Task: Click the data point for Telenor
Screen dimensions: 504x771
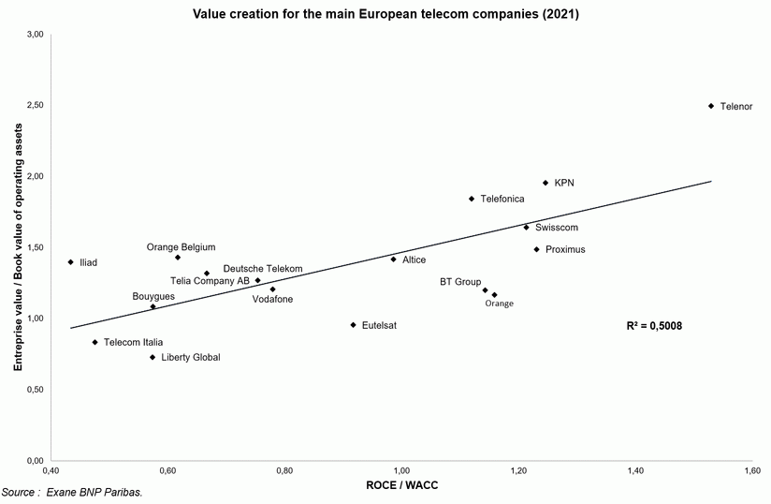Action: [x=711, y=106]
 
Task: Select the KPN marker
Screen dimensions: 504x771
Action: [x=546, y=183]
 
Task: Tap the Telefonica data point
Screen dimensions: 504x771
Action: [x=472, y=199]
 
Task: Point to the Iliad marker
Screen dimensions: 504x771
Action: [x=70, y=262]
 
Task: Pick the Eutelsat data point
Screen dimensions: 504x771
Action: [x=353, y=325]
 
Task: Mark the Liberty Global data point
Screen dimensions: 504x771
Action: [x=152, y=357]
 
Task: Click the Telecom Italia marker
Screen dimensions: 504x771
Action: [x=95, y=343]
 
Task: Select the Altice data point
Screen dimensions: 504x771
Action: [x=393, y=259]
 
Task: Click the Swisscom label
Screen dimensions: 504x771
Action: [x=557, y=228]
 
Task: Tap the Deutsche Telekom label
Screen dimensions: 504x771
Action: [x=263, y=269]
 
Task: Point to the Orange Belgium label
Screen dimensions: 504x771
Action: [x=181, y=247]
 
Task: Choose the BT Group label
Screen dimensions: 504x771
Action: [x=460, y=281]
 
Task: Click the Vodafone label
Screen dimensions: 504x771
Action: [x=272, y=299]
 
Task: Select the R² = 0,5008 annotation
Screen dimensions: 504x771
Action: [x=655, y=326]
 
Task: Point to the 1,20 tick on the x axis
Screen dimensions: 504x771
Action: [x=517, y=468]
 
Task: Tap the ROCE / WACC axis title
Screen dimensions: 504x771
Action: [x=401, y=485]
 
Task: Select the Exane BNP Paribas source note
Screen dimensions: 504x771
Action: [x=72, y=492]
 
